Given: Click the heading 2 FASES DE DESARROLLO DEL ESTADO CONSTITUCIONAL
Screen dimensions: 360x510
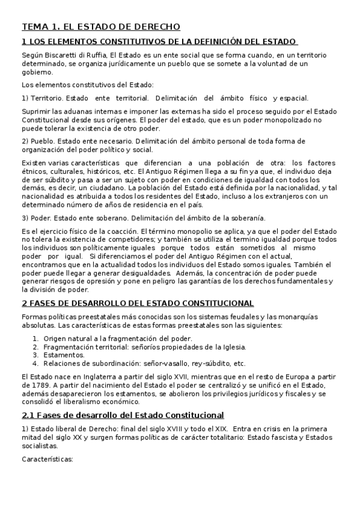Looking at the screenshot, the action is (138, 303).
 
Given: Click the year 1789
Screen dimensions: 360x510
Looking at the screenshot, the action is (43, 385).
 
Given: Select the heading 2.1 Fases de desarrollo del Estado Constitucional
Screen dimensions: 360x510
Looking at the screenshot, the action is (123, 415).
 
